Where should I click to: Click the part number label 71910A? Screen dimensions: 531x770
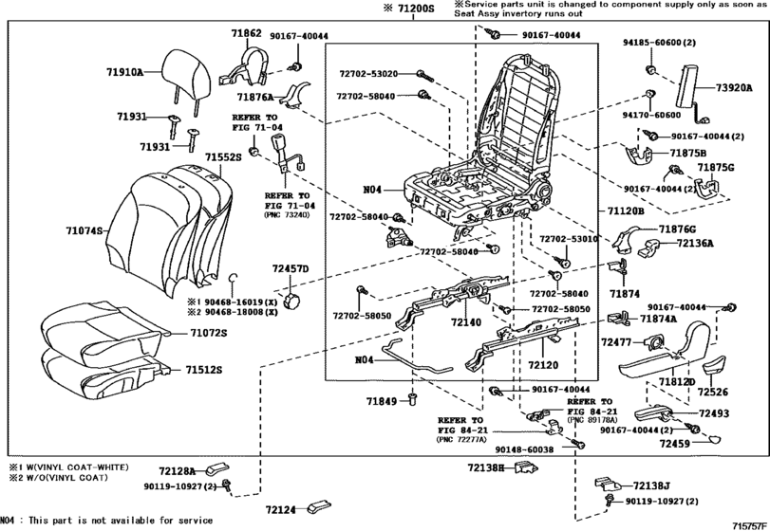(124, 71)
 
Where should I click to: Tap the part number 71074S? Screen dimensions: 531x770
(86, 230)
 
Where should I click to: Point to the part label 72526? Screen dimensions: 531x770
(711, 391)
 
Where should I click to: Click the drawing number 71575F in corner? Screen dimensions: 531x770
(748, 524)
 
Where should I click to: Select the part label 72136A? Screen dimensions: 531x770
(696, 243)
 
